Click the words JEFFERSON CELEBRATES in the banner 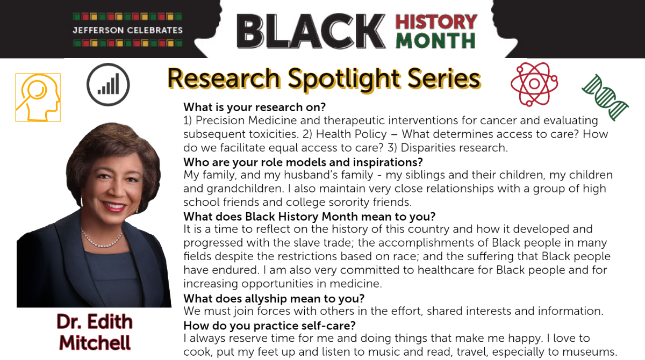point(127,30)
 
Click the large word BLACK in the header point(311,31)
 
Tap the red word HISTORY point(436,22)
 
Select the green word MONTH point(435,41)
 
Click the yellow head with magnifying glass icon point(38,98)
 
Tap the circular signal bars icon point(108,84)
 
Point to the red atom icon point(534,84)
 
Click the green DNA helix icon point(605,97)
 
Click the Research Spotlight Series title point(324,79)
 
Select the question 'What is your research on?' point(255,107)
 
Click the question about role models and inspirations point(303,162)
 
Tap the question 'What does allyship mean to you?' point(274,299)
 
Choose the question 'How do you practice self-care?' point(269,326)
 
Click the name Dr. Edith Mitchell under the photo point(95,332)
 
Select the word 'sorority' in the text point(349,203)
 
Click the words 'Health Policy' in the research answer point(352,134)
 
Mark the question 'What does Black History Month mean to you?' point(310,217)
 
